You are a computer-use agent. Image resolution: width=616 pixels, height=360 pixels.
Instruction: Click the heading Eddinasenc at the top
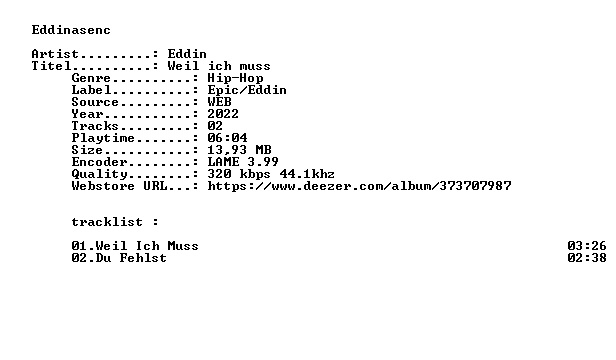(71, 30)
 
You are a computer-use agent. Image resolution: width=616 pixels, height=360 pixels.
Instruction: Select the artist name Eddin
(187, 54)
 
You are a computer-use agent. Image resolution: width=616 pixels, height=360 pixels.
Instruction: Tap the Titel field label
(51, 66)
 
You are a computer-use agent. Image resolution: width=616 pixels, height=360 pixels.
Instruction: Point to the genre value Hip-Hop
(235, 78)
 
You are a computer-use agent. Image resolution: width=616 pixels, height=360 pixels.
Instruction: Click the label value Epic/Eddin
(247, 90)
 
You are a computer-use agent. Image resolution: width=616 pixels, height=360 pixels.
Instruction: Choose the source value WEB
(219, 102)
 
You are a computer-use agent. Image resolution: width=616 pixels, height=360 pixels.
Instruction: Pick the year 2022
(223, 114)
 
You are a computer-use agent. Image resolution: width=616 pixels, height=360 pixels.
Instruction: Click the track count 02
(215, 126)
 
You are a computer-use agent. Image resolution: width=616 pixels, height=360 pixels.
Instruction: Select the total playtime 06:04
(227, 138)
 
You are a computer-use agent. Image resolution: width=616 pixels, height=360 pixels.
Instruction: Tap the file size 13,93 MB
(239, 150)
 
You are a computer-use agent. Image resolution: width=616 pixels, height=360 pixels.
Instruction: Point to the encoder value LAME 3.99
(243, 162)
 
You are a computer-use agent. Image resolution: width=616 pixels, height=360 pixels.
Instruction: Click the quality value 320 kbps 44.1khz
(271, 174)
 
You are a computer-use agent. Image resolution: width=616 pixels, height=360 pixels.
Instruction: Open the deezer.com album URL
(359, 186)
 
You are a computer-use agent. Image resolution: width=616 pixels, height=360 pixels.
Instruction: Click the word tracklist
(107, 222)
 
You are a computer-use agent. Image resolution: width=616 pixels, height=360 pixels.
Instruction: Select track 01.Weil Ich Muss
(135, 246)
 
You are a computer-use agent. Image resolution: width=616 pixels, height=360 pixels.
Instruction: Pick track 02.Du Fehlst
(119, 258)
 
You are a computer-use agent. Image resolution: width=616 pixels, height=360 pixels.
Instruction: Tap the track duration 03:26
(587, 246)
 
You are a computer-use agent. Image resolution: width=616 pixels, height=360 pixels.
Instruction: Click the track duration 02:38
(587, 258)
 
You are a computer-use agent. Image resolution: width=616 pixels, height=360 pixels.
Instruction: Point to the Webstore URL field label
(119, 186)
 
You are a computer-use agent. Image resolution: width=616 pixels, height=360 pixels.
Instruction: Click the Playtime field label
(103, 138)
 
